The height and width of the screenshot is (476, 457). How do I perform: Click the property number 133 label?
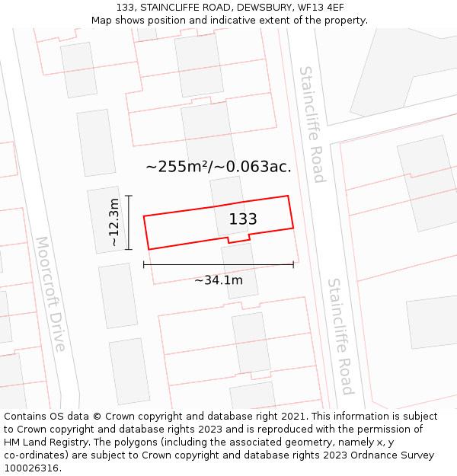[x=243, y=219]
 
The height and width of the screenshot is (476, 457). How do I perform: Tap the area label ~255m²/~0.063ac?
[x=219, y=167]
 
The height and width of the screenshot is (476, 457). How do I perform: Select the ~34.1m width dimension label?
[x=219, y=280]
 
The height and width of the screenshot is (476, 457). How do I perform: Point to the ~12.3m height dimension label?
[x=113, y=222]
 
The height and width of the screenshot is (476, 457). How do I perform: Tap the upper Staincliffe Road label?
[x=312, y=124]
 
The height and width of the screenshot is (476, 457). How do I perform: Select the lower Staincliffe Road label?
[x=340, y=336]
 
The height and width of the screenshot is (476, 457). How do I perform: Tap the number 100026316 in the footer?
[x=33, y=468]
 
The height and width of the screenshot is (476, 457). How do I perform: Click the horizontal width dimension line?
[x=219, y=265]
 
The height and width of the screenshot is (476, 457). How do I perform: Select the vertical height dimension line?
[x=129, y=222]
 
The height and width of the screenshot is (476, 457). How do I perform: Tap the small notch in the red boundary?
[x=238, y=240]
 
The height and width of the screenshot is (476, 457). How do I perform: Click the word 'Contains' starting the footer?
[x=26, y=417]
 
